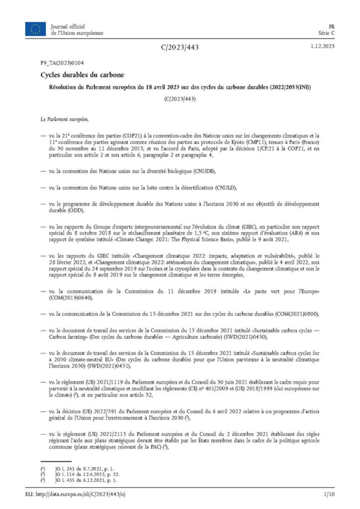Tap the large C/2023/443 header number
[x=180, y=47]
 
